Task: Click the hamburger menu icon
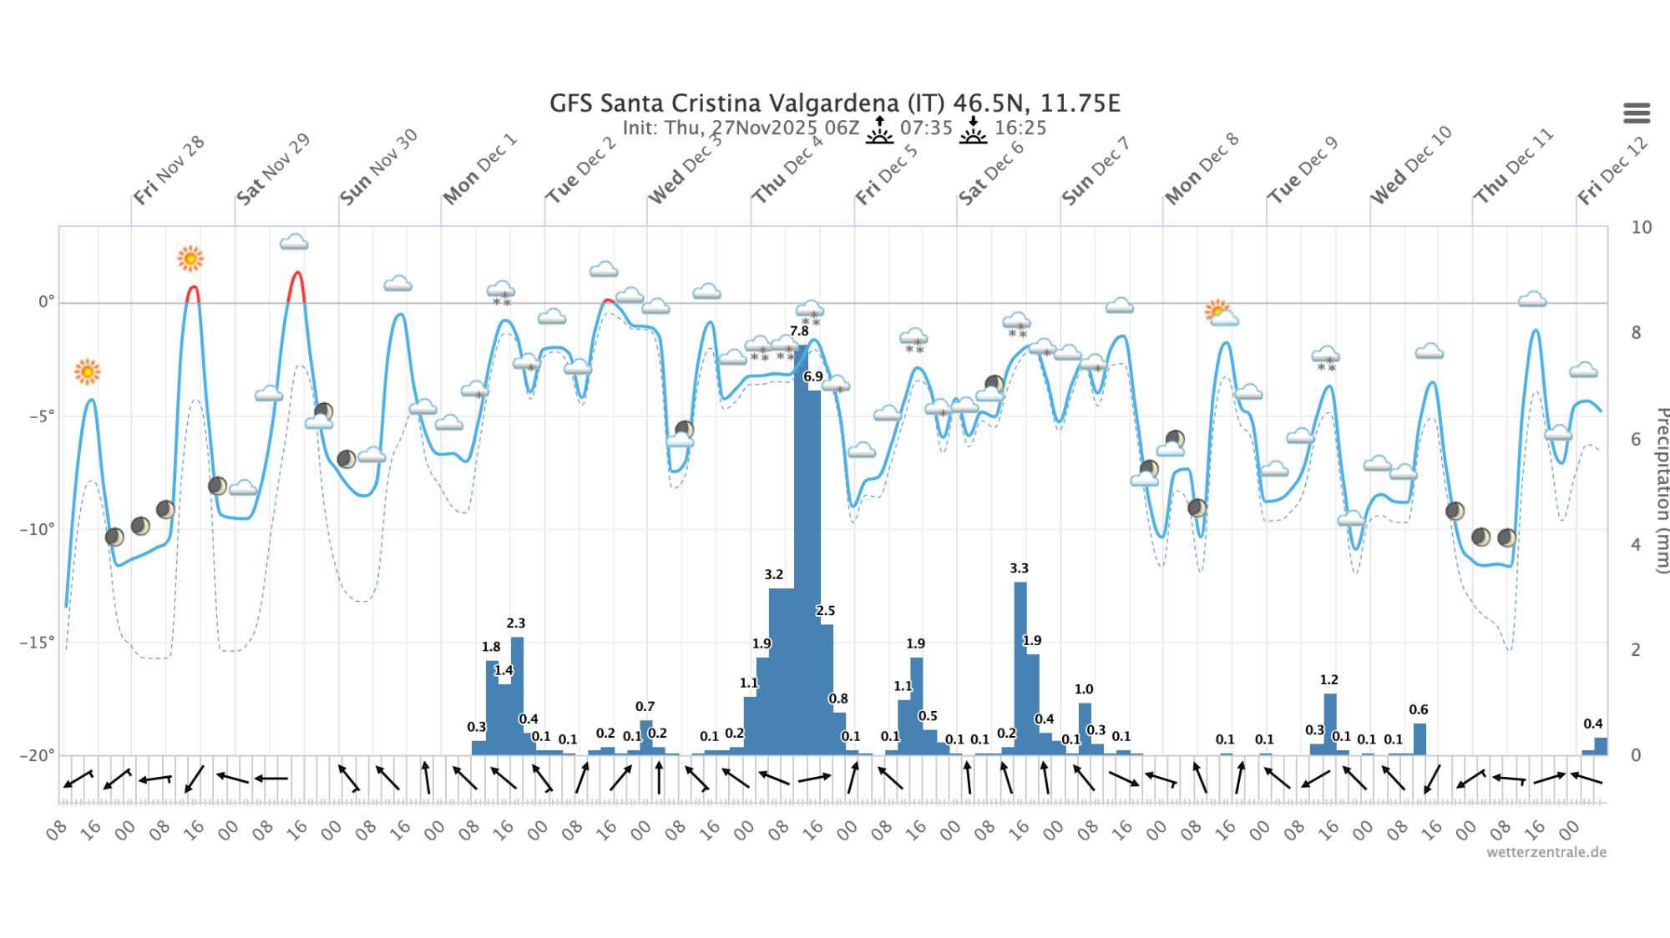tap(1637, 113)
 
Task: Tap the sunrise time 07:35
tap(926, 128)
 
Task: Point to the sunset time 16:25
tap(1020, 128)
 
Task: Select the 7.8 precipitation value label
tap(799, 331)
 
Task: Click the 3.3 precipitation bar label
tap(1019, 568)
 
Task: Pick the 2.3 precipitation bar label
tap(516, 623)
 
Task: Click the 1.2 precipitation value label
tap(1328, 680)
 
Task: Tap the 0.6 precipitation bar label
tap(1418, 710)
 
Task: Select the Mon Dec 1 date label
tap(479, 169)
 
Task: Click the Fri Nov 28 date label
tap(169, 170)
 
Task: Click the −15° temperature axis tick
tap(37, 643)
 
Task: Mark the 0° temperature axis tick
tap(46, 302)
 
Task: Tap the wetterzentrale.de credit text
tap(1546, 852)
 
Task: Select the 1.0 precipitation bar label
tap(1083, 689)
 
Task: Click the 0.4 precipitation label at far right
tap(1592, 724)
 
